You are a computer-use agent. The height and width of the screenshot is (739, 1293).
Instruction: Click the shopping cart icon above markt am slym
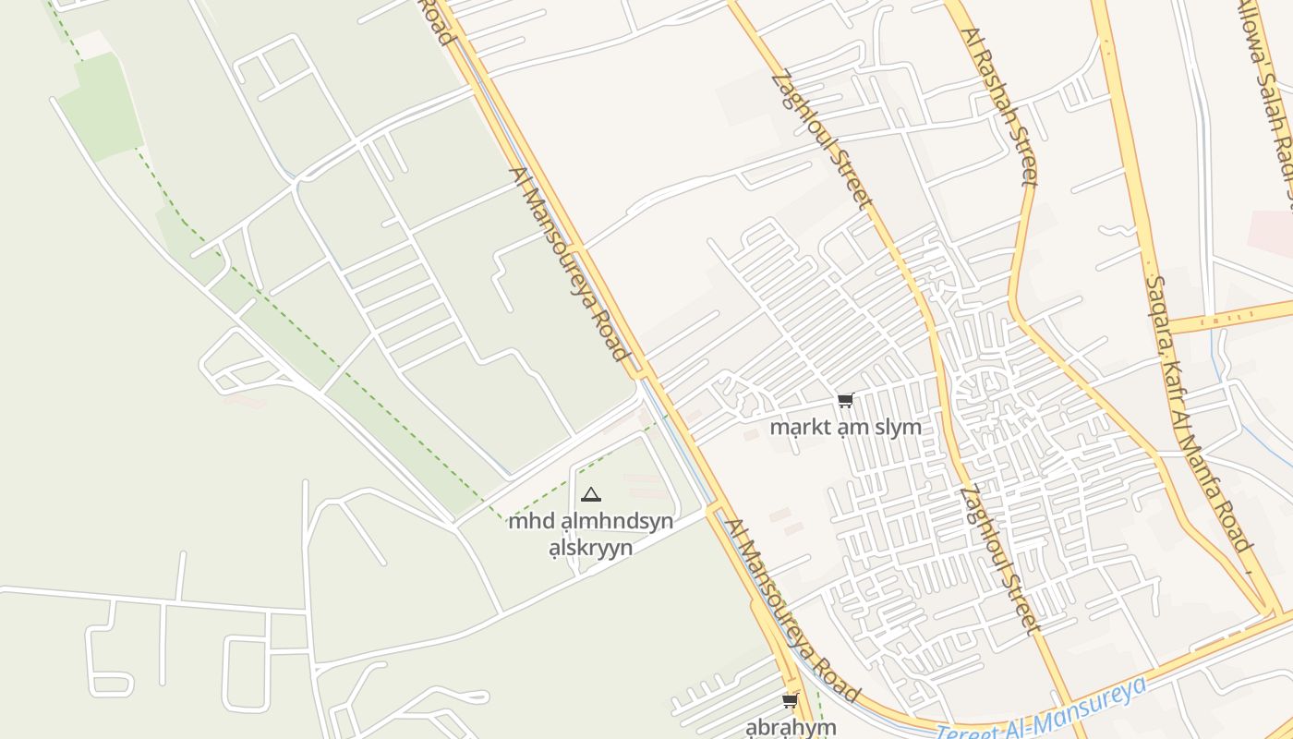845,400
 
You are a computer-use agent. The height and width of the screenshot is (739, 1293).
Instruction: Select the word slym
898,428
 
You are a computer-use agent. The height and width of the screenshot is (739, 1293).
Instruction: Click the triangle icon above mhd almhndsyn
591,495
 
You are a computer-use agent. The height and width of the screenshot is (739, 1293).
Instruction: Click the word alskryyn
590,547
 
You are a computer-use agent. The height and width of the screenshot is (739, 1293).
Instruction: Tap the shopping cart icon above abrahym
790,701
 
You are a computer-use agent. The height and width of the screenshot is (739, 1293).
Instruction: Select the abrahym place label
791,726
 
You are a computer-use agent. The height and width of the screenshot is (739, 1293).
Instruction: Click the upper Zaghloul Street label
821,139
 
